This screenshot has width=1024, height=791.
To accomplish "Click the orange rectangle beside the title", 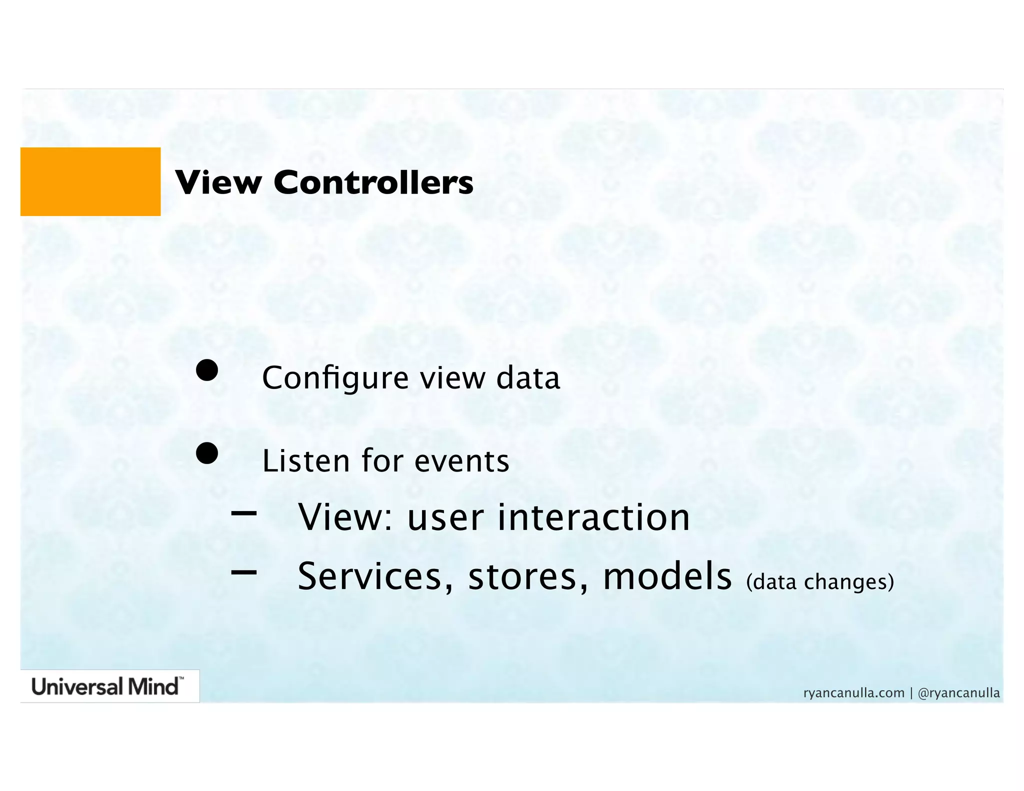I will (90, 181).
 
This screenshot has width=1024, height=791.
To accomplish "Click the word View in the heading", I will (218, 182).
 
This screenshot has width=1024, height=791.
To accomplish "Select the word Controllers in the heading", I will (373, 182).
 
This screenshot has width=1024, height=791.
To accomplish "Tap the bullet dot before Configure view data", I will (206, 370).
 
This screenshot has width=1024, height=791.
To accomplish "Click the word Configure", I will (335, 378).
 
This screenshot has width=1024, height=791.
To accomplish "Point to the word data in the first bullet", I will (528, 378).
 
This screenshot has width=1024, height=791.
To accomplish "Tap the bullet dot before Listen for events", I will (206, 453).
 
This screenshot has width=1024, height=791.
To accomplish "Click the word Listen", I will (305, 461).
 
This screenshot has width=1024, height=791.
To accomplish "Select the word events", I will (461, 461).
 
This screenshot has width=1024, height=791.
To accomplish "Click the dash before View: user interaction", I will (244, 512).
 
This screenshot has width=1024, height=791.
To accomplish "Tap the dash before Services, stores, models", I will (244, 572).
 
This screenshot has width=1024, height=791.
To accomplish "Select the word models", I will (667, 576).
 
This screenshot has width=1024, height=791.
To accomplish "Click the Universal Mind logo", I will (107, 686).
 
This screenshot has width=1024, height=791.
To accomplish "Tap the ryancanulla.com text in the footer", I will (853, 693).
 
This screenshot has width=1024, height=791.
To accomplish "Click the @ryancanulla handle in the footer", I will (958, 693).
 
